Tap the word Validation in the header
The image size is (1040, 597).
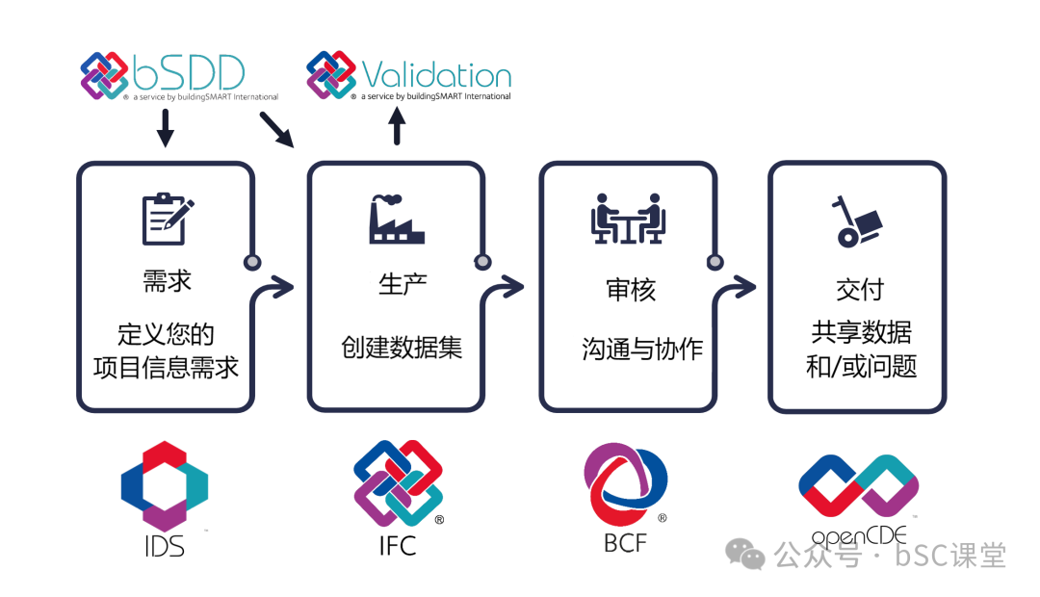(x=435, y=76)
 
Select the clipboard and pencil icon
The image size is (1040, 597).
(x=167, y=219)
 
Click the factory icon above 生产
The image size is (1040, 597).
(x=396, y=220)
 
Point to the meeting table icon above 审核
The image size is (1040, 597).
(x=628, y=219)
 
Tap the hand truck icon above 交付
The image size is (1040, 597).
(x=856, y=221)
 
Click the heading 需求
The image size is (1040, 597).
(x=167, y=281)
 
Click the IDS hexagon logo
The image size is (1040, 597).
(x=165, y=486)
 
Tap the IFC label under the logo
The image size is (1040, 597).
(x=397, y=545)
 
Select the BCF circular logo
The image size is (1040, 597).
(x=625, y=485)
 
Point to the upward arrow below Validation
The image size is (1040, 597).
(x=397, y=126)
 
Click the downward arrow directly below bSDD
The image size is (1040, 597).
(x=165, y=127)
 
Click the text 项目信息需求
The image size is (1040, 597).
(x=167, y=367)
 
